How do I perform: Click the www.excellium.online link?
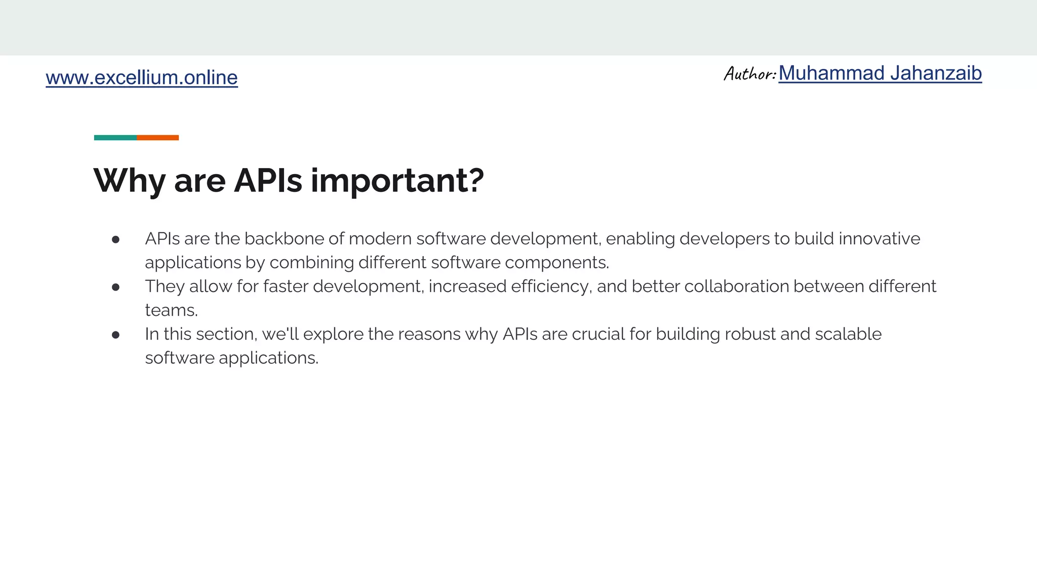142,77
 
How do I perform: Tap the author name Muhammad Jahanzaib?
880,73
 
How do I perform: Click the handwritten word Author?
750,74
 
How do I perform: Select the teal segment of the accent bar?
115,138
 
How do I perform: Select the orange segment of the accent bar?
157,138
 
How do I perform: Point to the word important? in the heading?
397,181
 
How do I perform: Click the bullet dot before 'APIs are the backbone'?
115,239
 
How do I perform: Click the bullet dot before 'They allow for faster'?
115,287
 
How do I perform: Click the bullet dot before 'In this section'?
115,335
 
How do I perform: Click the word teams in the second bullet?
170,310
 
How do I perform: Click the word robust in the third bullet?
750,334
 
